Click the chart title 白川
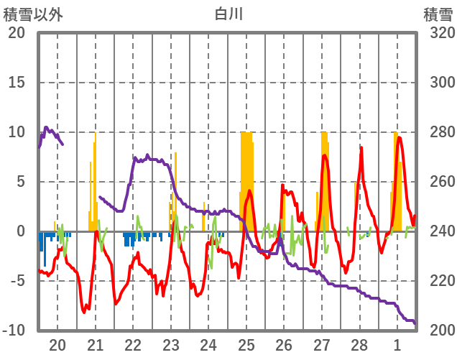[x=228, y=14]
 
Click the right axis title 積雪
[x=438, y=14]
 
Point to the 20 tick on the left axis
[x=17, y=33]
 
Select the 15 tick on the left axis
[x=17, y=83]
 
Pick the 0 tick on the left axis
[x=22, y=231]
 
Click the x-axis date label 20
[x=57, y=344]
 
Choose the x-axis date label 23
[x=171, y=344]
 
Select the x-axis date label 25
[x=246, y=344]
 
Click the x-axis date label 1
[x=397, y=344]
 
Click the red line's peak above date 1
[x=399, y=137]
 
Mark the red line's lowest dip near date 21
[x=86, y=312]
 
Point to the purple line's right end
[x=415, y=323]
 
